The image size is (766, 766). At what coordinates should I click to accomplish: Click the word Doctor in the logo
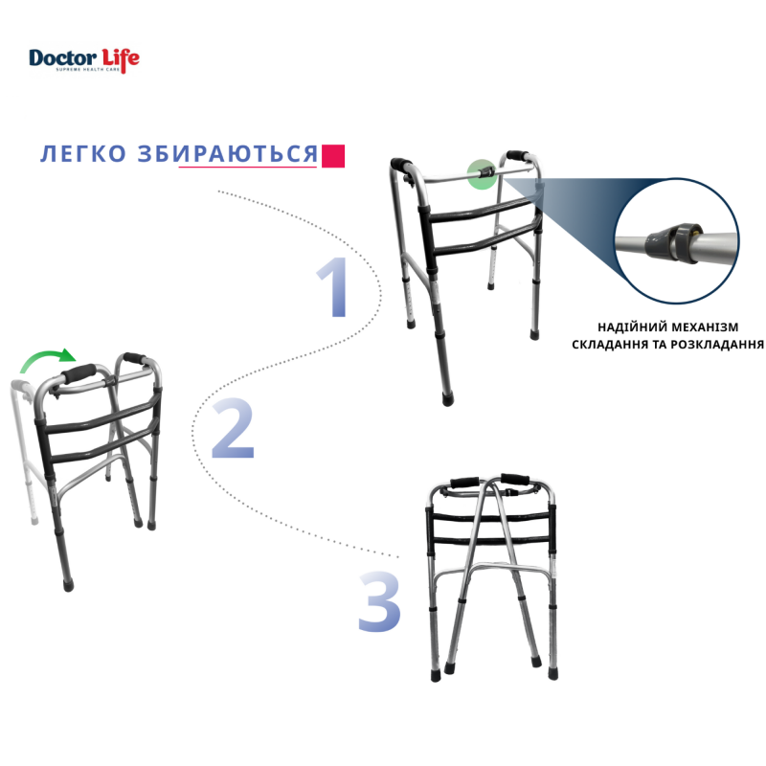pyautogui.click(x=62, y=58)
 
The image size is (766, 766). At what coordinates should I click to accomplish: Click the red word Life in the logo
pyautogui.click(x=121, y=60)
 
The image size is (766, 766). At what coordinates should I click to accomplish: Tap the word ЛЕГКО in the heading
pyautogui.click(x=83, y=153)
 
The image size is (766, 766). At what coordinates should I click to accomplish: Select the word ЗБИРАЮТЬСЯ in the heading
pyautogui.click(x=228, y=153)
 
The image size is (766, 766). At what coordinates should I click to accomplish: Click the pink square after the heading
pyautogui.click(x=333, y=156)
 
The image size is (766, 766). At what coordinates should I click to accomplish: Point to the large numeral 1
pyautogui.click(x=334, y=286)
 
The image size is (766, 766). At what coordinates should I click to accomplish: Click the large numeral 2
pyautogui.click(x=233, y=428)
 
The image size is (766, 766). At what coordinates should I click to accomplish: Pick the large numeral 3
pyautogui.click(x=379, y=602)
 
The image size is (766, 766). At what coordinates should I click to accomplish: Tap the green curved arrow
pyautogui.click(x=47, y=356)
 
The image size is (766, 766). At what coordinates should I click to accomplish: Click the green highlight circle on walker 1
pyautogui.click(x=483, y=174)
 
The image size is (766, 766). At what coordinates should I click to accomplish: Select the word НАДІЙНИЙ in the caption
pyautogui.click(x=626, y=327)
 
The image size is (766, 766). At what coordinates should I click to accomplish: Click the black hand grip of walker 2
pyautogui.click(x=79, y=373)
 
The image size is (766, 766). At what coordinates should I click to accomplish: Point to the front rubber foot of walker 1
pyautogui.click(x=447, y=398)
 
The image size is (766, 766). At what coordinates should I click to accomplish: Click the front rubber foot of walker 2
pyautogui.click(x=68, y=584)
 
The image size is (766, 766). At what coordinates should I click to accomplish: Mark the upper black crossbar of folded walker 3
pyautogui.click(x=490, y=517)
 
